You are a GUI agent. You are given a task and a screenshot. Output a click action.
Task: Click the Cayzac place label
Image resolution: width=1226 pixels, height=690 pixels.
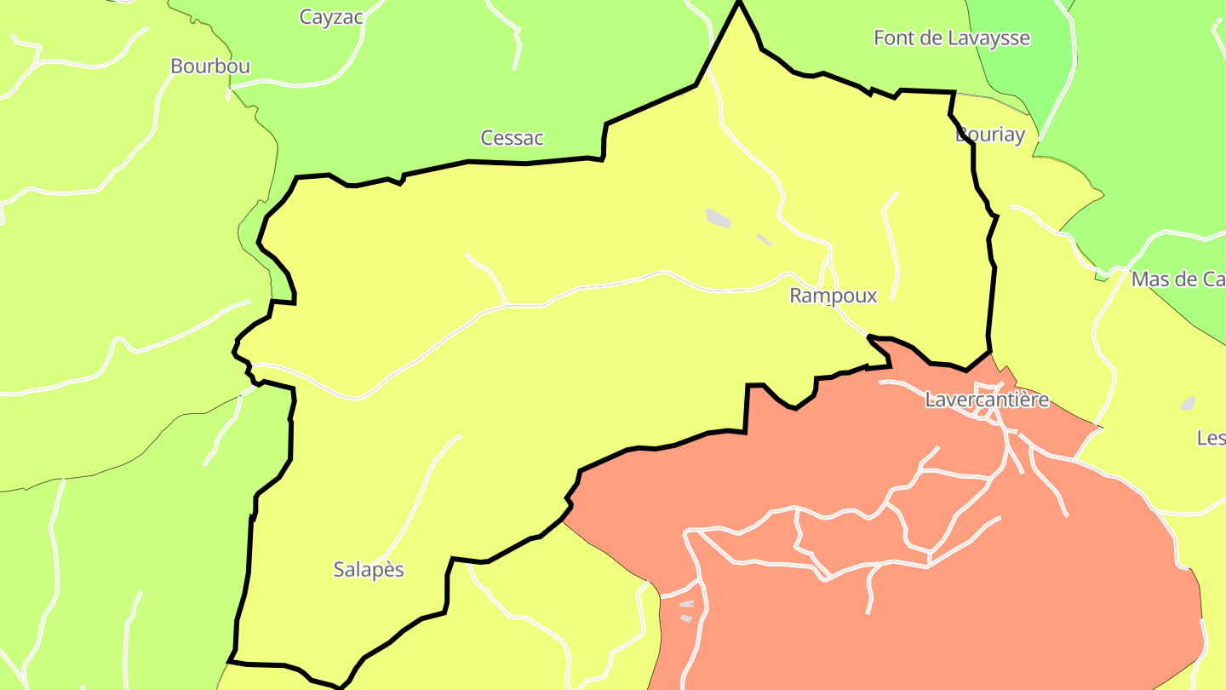point(331,17)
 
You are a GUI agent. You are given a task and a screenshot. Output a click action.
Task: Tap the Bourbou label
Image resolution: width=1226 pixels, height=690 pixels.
point(210,66)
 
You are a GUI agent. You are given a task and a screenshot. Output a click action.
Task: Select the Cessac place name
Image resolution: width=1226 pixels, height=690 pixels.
point(512,138)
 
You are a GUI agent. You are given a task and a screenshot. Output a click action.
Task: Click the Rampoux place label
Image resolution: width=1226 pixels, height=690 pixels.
point(833,296)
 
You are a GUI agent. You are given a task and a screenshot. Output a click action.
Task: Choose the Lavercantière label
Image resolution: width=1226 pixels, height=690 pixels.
point(987,400)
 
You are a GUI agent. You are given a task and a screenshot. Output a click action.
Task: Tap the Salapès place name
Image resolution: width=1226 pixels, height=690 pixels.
point(368,570)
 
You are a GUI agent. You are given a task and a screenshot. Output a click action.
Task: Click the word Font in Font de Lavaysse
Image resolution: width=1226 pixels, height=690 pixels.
point(891,38)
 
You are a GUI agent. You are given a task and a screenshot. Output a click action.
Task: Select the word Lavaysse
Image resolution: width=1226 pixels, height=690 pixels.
point(988,38)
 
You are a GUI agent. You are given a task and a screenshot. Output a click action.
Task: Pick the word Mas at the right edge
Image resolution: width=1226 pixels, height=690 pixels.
point(1147,279)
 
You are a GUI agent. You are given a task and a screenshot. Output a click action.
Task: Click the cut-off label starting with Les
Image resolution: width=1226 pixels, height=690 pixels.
point(1211,438)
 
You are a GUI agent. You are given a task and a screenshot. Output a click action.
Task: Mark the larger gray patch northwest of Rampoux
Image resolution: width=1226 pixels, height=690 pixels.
point(719,218)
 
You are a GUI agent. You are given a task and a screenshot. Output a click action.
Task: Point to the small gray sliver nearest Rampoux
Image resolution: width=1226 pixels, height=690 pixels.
point(764,240)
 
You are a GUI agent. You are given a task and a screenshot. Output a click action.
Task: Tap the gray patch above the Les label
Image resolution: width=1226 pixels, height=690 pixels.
point(1188,403)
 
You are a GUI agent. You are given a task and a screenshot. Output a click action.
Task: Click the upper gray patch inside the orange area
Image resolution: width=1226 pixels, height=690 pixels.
point(687,604)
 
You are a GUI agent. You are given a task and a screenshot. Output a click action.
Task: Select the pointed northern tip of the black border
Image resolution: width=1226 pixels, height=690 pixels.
point(738,5)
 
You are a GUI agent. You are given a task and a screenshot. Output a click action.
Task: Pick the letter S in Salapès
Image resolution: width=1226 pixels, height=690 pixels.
point(339,570)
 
